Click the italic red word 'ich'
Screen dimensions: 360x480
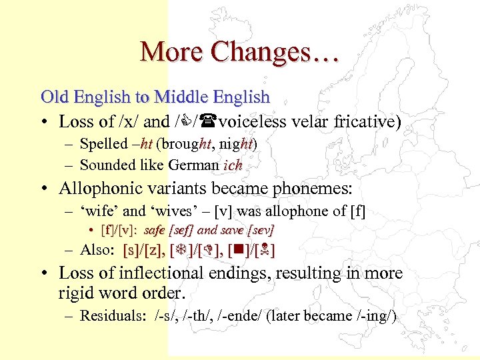click(x=233, y=165)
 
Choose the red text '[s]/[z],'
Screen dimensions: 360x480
click(x=146, y=251)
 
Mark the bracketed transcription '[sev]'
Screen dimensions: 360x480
click(x=261, y=231)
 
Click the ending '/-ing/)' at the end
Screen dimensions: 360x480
click(x=375, y=316)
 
